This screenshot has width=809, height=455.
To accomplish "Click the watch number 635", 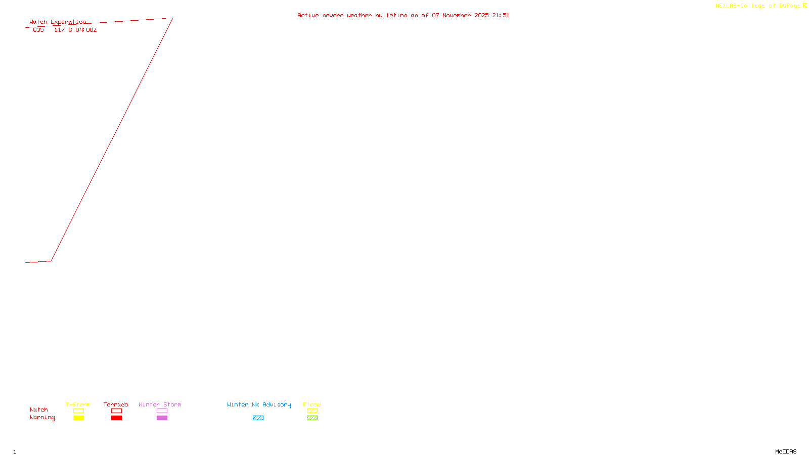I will tap(38, 30).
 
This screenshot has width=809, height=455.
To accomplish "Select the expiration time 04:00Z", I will tap(86, 30).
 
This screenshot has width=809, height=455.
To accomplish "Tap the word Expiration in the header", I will tap(68, 22).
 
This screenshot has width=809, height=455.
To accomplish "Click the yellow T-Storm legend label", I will tap(78, 404).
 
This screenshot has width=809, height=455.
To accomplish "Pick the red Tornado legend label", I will tap(116, 404).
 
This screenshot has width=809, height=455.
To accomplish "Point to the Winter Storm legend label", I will tap(160, 404).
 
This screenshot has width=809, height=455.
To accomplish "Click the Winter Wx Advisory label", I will tap(259, 404).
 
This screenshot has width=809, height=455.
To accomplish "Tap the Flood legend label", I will tap(312, 404).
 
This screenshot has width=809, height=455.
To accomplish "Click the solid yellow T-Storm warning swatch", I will tap(78, 418).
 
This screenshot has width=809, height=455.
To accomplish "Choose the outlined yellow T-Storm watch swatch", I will tap(78, 411).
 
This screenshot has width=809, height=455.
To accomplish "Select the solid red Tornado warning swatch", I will tap(116, 418).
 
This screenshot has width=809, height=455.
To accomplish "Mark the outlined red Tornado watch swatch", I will tap(116, 411).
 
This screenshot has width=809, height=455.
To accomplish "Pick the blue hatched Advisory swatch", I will tap(258, 418).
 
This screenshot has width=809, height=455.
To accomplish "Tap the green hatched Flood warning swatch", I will tap(312, 418).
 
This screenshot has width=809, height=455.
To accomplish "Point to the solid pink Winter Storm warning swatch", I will tap(162, 418).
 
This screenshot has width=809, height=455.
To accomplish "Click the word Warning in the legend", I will tap(42, 418).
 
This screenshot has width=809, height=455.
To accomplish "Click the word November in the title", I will tap(457, 16).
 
